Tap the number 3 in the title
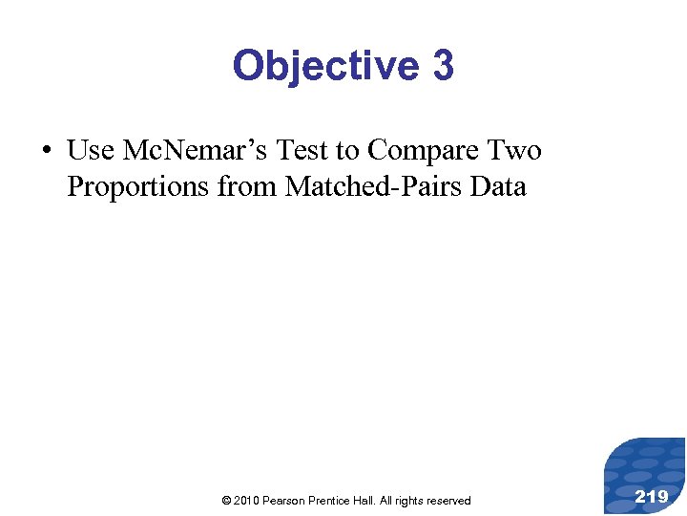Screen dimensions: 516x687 (443, 66)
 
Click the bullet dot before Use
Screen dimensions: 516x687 (47, 151)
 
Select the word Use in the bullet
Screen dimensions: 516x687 (91, 151)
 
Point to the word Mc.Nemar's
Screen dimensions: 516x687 (198, 151)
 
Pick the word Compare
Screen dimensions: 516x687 (426, 151)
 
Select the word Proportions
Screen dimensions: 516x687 (138, 186)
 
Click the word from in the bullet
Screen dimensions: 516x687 (247, 186)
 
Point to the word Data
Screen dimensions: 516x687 (498, 186)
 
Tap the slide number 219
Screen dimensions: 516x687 (652, 495)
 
